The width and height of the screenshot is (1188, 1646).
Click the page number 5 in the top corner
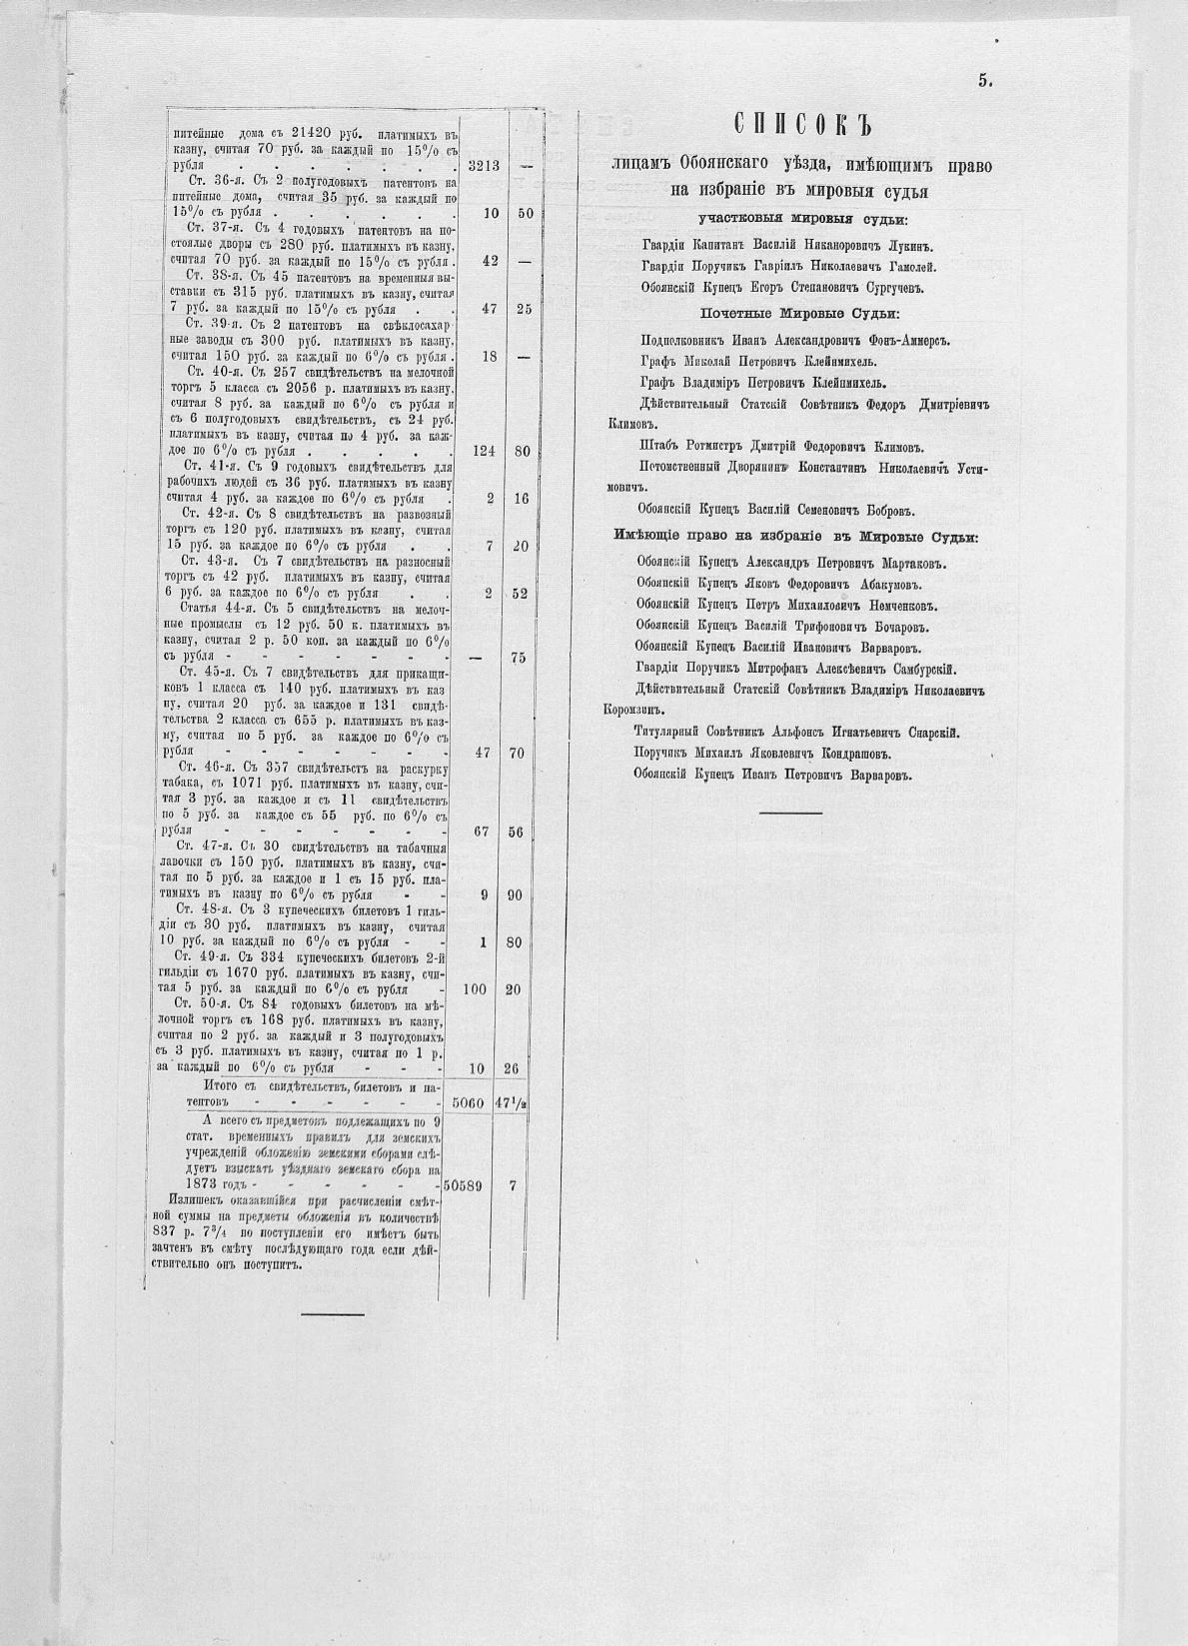(984, 82)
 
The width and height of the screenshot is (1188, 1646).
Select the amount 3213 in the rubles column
(483, 166)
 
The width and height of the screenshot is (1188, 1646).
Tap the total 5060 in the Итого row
(468, 1104)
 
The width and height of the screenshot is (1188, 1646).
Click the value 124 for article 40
(484, 451)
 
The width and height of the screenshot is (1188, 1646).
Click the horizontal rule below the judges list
(790, 814)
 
